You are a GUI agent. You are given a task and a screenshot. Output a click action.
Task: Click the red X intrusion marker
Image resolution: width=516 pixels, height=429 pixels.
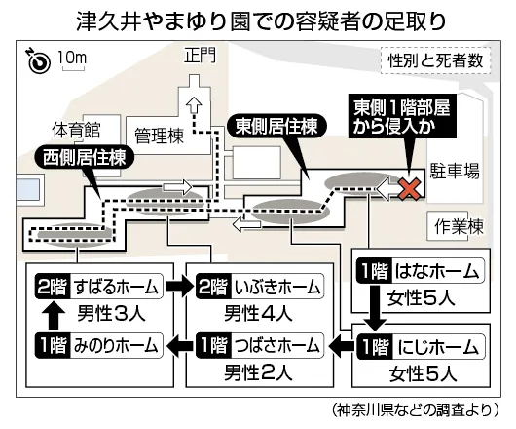[409, 189]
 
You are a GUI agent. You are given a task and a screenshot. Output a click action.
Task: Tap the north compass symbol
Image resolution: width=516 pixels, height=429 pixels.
[39, 61]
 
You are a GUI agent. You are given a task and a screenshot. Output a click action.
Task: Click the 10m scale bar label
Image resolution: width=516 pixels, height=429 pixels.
[72, 58]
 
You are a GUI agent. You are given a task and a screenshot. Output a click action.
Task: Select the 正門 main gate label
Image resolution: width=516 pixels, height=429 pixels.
[200, 55]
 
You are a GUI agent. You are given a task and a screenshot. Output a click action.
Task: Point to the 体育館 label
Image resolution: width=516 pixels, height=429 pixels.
[76, 130]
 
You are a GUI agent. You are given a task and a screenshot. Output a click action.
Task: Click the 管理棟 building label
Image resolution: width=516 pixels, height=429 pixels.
[160, 136]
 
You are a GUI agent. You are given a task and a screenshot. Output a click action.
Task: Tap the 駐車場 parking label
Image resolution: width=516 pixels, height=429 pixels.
[455, 171]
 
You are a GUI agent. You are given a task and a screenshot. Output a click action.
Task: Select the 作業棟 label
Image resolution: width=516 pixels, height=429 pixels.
[459, 226]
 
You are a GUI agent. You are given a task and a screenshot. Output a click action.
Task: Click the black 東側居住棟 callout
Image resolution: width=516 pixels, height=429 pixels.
[277, 126]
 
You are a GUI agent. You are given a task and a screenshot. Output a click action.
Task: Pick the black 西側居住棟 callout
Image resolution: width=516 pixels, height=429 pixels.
[85, 158]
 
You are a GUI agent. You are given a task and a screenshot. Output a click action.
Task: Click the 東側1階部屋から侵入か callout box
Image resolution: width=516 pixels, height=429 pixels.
[402, 116]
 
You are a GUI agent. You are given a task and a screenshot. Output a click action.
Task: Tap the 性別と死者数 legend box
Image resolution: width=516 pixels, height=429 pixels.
[436, 60]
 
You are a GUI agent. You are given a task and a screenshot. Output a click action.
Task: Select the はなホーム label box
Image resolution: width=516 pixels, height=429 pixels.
[421, 271]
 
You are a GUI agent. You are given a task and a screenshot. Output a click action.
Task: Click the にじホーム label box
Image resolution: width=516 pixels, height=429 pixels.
[421, 346]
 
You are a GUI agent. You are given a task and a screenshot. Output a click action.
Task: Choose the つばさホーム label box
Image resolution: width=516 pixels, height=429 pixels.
[260, 346]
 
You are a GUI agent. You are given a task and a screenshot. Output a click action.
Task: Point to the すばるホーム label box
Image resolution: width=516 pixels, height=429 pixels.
[99, 287]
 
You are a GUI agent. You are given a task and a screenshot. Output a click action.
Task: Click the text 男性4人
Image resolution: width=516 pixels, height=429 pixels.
[258, 313]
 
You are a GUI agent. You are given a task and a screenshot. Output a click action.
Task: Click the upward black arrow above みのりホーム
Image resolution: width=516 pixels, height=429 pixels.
[54, 316]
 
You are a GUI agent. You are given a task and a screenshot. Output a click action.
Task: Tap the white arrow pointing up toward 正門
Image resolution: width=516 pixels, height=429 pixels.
[194, 104]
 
